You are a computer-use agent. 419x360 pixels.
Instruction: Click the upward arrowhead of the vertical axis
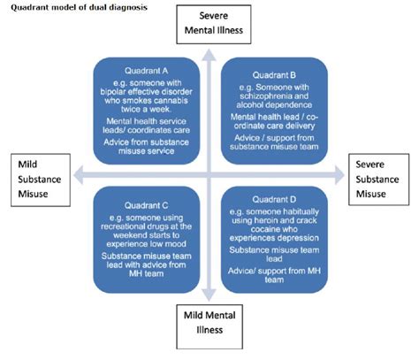(x=209, y=54)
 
